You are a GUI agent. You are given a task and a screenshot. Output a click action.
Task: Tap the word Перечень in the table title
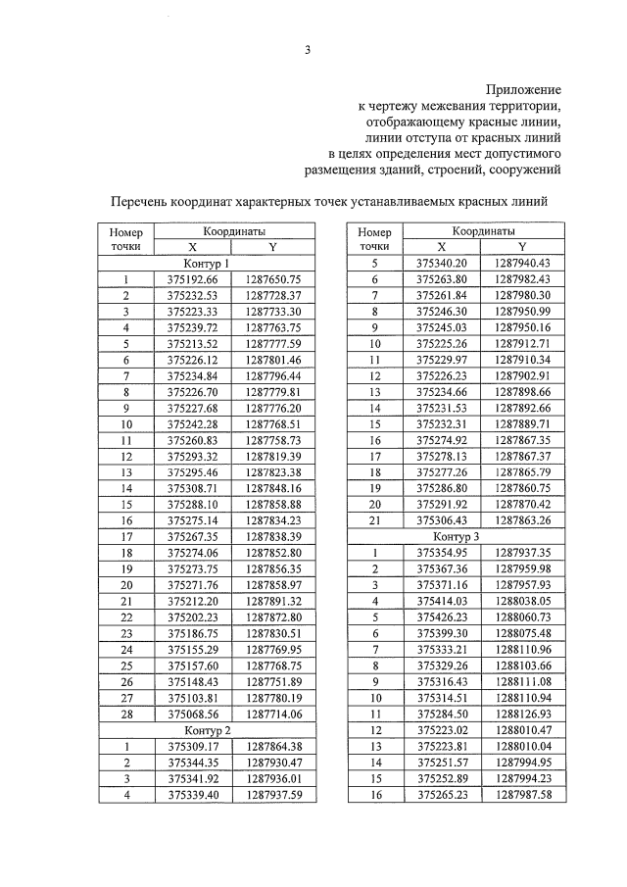(146, 201)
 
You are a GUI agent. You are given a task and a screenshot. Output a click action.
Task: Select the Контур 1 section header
(207, 264)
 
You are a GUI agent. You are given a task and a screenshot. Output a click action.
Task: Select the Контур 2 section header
(207, 730)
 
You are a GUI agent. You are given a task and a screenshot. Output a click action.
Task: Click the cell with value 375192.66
(192, 279)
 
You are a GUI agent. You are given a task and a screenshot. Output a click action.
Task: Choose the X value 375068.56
(192, 715)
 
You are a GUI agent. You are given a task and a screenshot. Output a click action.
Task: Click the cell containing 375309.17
(192, 746)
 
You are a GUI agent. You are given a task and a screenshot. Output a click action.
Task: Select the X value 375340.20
(442, 264)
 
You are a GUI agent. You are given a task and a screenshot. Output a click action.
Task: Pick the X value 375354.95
(442, 553)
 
